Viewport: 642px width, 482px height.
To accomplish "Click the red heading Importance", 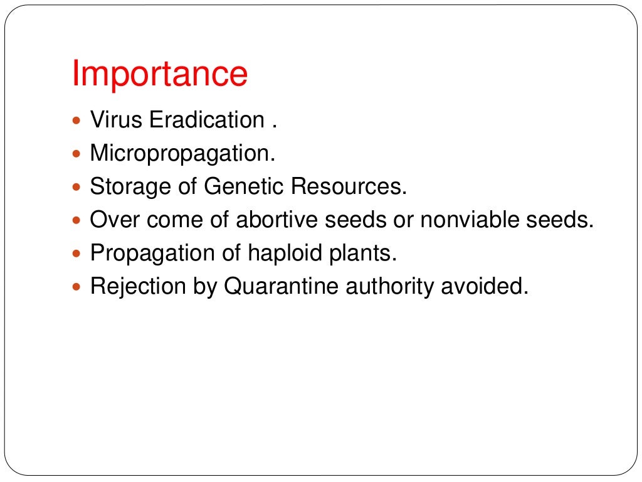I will [160, 75].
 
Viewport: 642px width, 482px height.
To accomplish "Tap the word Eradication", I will [207, 120].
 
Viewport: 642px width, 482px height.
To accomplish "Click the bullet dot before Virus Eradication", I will [77, 120].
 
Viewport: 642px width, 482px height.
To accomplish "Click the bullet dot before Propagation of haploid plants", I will [77, 254].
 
